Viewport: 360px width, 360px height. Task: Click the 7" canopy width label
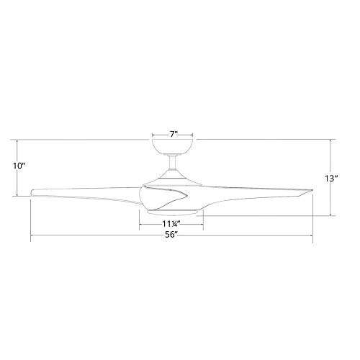174,134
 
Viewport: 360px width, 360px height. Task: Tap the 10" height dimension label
19,166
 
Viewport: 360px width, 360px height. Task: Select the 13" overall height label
332,179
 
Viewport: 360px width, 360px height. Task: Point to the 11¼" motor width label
171,224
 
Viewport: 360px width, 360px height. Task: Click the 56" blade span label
171,235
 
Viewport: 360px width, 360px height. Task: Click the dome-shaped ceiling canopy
173,146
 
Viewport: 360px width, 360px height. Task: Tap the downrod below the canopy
172,163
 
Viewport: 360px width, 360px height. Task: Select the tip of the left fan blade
32,192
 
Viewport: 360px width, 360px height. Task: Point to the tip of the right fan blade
312,191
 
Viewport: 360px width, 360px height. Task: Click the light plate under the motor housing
172,212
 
